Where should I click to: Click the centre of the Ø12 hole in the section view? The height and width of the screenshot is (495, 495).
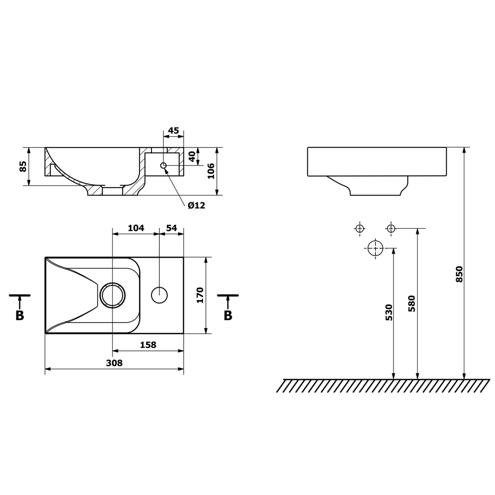click(x=163, y=165)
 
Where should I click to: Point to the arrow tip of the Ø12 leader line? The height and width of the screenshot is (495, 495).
click(x=165, y=168)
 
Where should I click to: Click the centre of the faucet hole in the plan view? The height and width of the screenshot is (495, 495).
click(x=159, y=295)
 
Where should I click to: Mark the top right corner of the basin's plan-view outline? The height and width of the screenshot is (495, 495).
click(x=184, y=257)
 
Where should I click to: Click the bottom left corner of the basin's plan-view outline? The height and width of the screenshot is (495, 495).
click(x=45, y=333)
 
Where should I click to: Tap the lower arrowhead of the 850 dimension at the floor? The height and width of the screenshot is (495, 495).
click(x=464, y=379)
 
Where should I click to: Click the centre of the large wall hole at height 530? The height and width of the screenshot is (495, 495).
click(x=375, y=248)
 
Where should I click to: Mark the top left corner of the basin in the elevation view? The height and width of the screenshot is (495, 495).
click(x=308, y=147)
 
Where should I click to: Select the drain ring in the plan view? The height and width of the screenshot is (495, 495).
click(x=113, y=295)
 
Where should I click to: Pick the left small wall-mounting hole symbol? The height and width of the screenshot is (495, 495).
click(x=359, y=228)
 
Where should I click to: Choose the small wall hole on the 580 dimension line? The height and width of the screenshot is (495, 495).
click(x=391, y=228)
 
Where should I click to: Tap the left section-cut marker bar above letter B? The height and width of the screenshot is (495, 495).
click(x=20, y=296)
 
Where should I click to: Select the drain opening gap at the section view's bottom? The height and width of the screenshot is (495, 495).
click(x=112, y=191)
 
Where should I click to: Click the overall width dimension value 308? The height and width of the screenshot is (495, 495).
click(x=114, y=363)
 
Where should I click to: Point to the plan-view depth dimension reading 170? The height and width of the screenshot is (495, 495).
click(x=200, y=295)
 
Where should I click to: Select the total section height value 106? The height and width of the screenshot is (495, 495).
click(x=211, y=171)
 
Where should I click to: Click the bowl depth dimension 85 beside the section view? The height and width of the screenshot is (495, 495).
click(x=23, y=166)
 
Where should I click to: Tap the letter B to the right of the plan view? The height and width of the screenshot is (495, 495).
click(x=228, y=315)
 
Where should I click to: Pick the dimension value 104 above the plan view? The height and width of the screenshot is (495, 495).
click(x=136, y=228)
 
